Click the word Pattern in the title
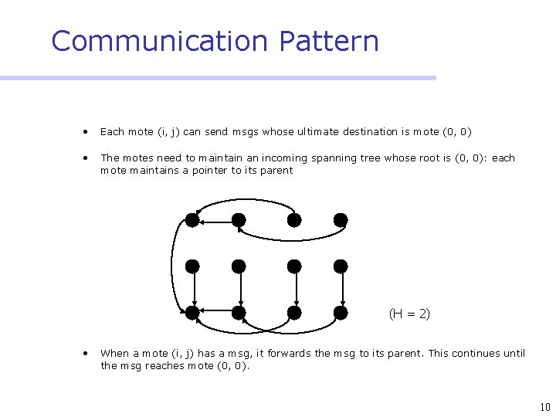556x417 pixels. click(330, 41)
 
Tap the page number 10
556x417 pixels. click(545, 407)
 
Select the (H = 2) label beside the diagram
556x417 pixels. click(409, 314)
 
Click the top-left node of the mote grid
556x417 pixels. click(192, 220)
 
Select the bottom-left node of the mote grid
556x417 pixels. click(192, 313)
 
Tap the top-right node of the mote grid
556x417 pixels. click(341, 220)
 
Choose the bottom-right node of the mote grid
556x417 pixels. click(341, 313)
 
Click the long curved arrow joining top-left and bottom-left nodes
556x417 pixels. click(172, 266)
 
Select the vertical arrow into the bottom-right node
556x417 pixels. click(341, 290)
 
